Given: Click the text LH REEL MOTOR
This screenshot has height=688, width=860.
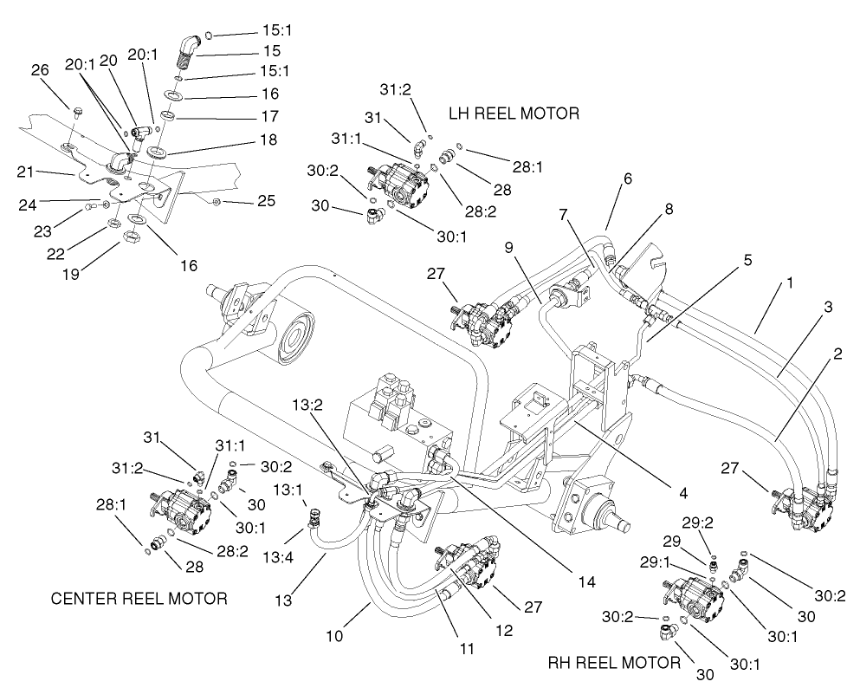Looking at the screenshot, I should [513, 114].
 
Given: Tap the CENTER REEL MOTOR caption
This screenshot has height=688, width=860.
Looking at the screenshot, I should [139, 598].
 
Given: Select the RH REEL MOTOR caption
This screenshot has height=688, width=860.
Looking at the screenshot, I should [614, 663].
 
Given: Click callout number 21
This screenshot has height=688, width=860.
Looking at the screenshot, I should [26, 172].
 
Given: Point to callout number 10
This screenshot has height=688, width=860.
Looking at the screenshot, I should [335, 635].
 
